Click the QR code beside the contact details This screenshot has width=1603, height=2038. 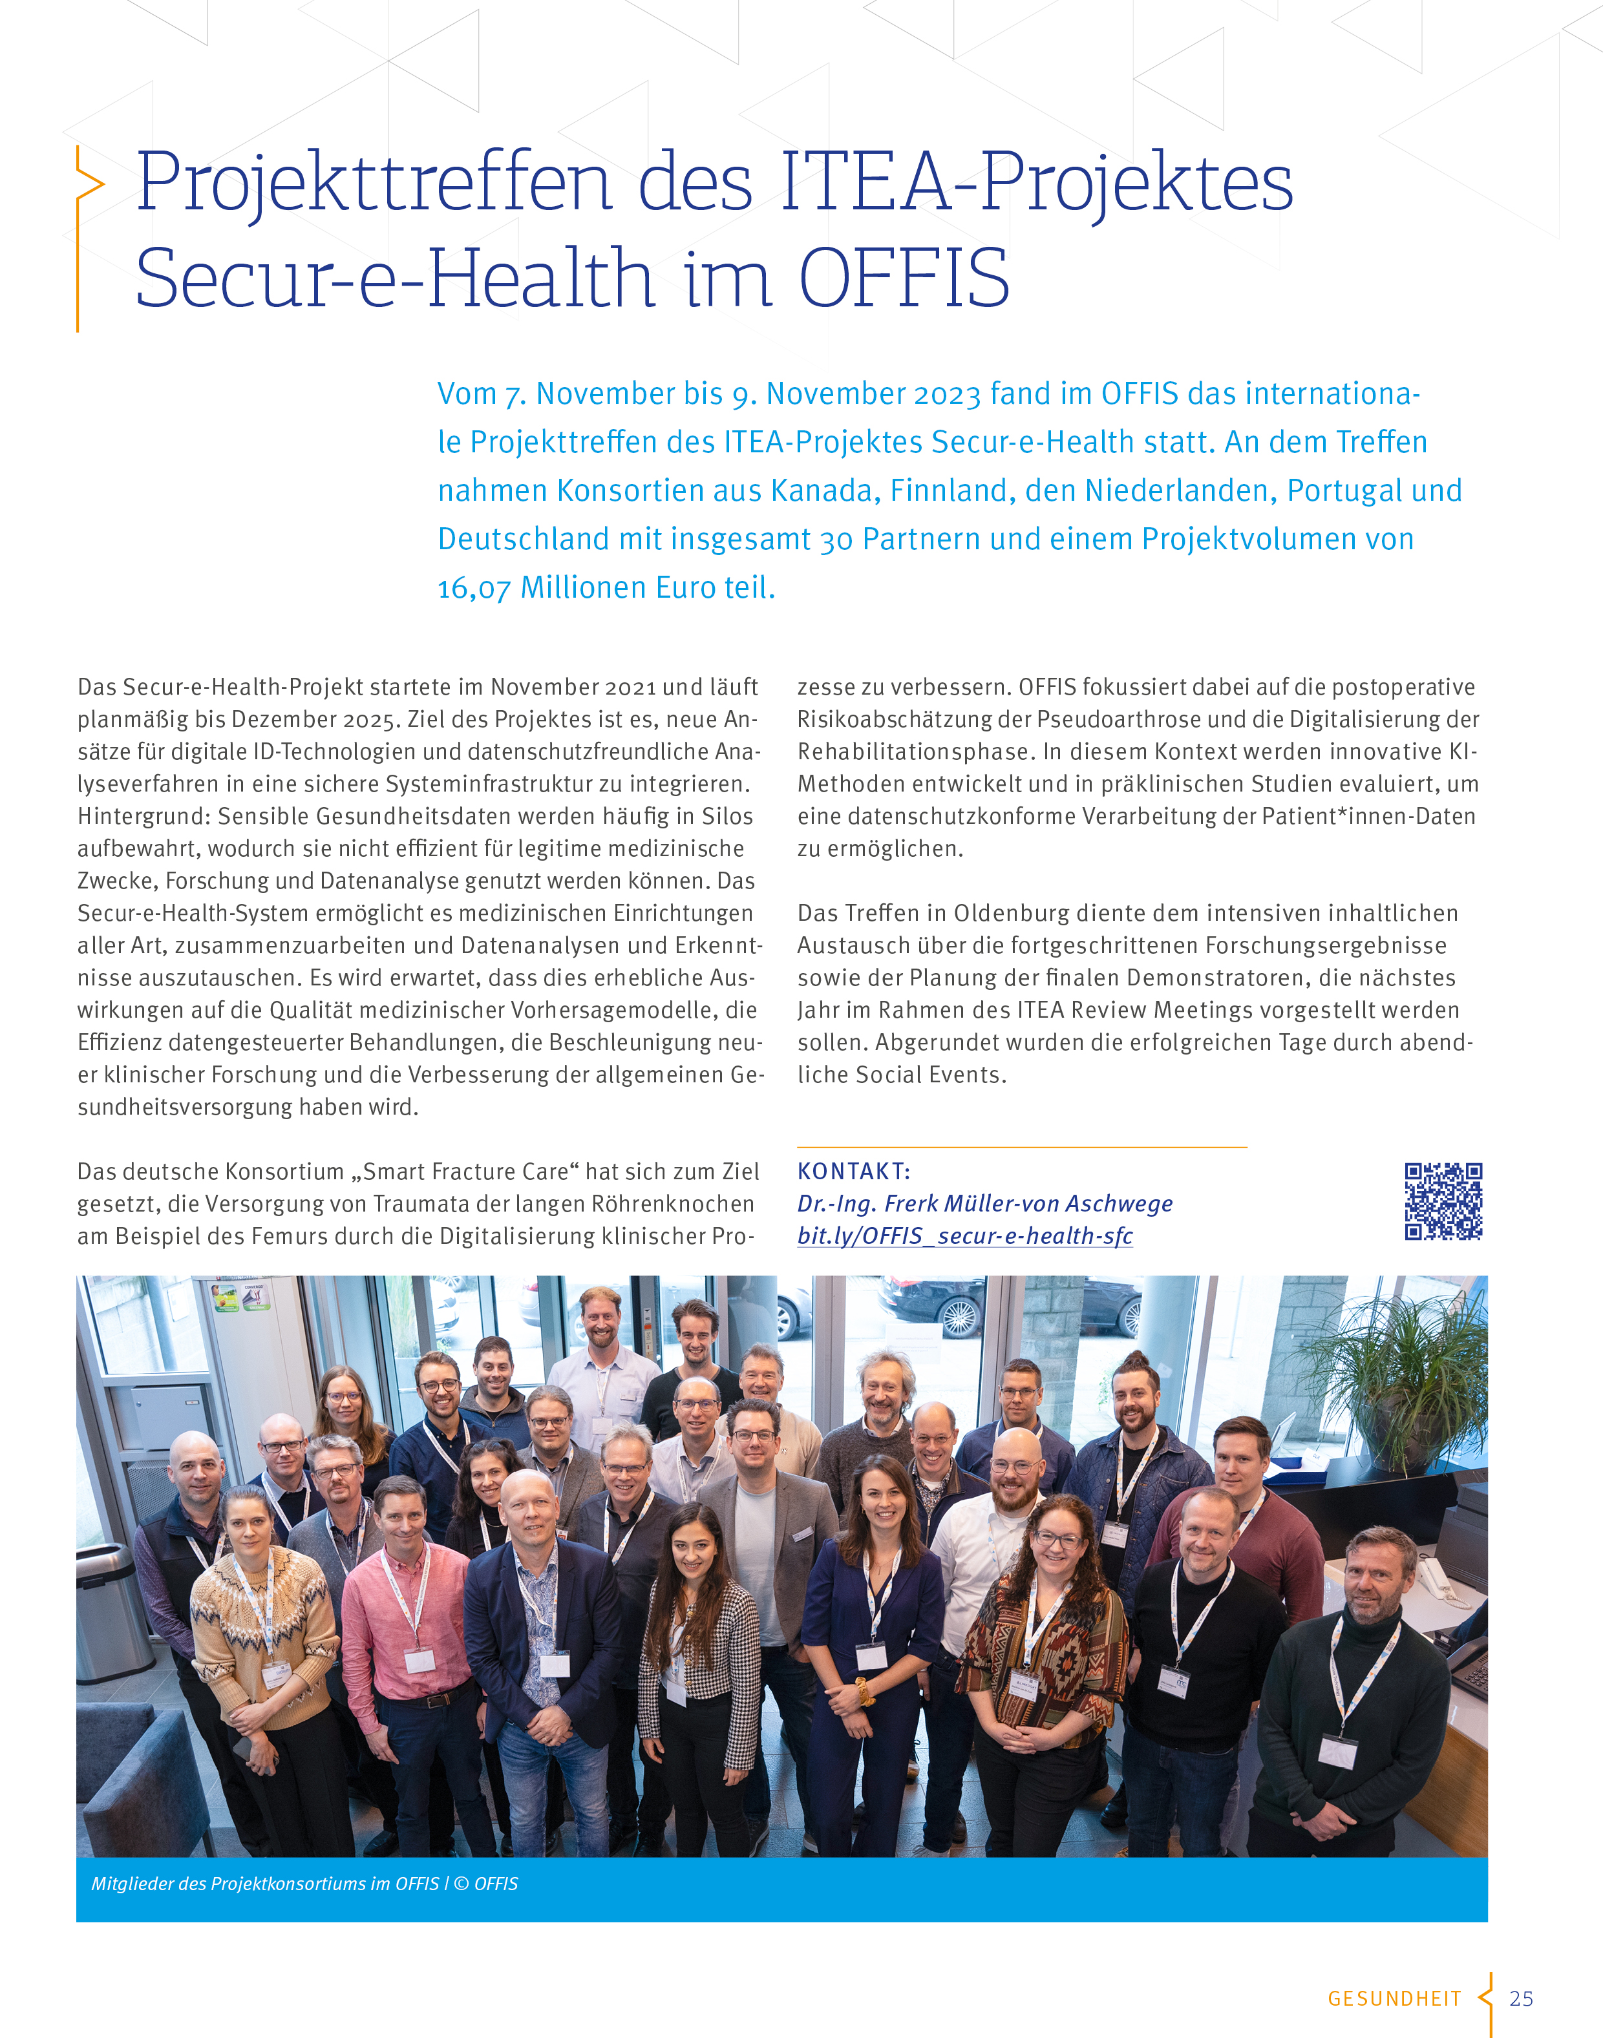(1443, 1201)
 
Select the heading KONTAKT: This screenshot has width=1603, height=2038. (853, 1171)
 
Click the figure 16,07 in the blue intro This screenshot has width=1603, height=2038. (474, 588)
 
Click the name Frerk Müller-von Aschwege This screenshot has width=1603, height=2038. (1028, 1204)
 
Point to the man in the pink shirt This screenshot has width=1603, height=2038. (405, 1595)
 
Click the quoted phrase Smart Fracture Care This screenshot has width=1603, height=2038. (465, 1172)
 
